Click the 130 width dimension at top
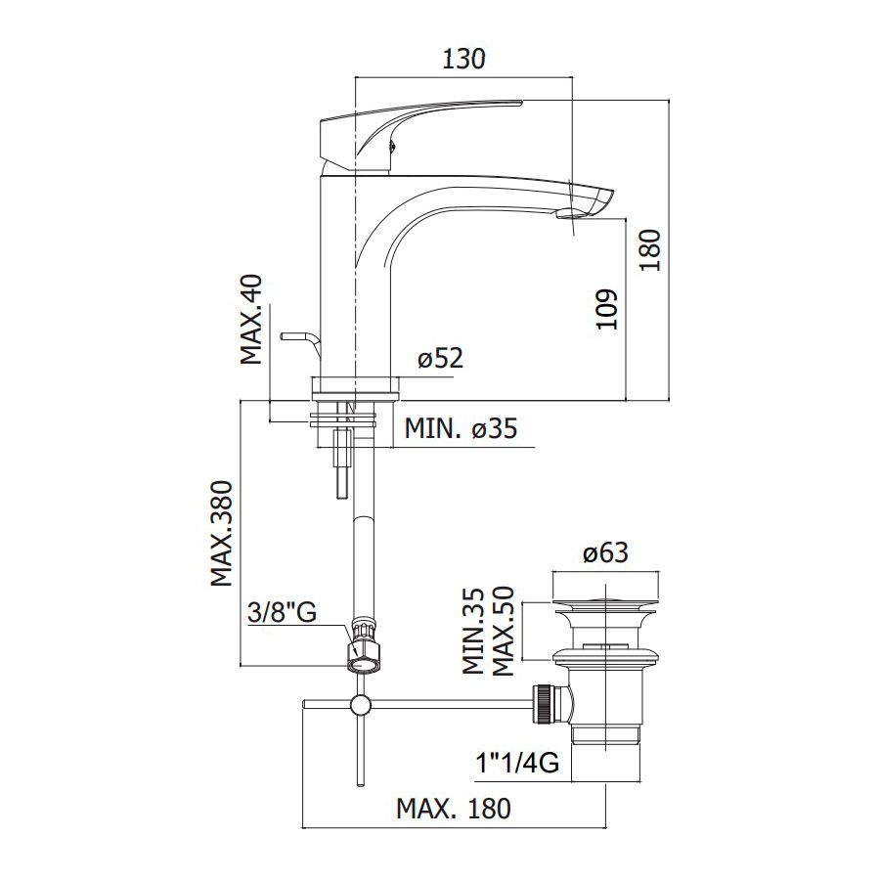click(x=463, y=59)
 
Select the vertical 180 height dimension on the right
click(x=651, y=249)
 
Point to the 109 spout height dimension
click(x=606, y=309)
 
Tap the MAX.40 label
click(x=251, y=320)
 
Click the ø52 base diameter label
click(x=441, y=358)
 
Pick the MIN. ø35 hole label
click(x=461, y=429)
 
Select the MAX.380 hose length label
click(x=222, y=533)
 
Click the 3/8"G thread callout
click(x=283, y=612)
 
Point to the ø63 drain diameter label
click(x=605, y=552)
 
